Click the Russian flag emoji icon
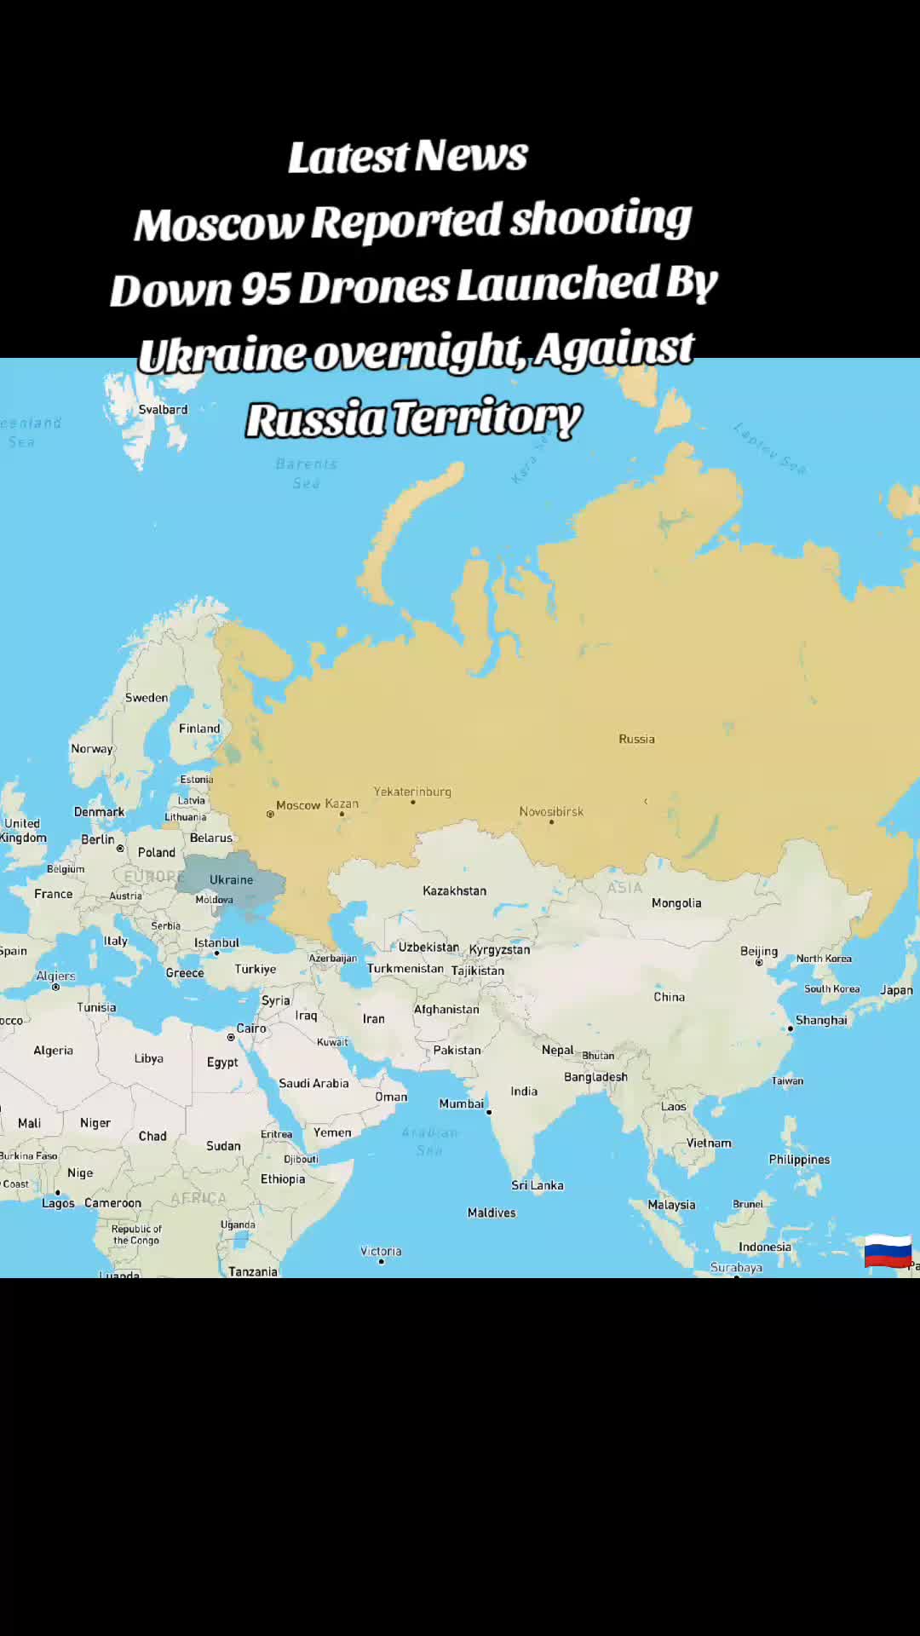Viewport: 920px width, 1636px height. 888,1250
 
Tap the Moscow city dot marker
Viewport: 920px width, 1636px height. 270,815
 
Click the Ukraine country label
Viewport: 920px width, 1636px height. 231,879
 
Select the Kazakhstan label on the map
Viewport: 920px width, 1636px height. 454,890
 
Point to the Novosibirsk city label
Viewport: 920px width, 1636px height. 551,811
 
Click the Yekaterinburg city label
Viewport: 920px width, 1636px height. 412,792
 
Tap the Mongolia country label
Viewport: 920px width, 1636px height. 676,903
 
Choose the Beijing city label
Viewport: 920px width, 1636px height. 758,951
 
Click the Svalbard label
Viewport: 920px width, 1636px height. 163,409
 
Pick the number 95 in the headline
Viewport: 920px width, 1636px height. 266,288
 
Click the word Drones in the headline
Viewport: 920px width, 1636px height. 375,287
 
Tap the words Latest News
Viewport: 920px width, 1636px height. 408,157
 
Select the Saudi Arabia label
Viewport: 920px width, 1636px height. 313,1083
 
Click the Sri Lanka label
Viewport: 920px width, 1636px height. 537,1185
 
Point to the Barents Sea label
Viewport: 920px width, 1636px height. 307,473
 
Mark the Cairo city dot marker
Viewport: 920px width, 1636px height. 231,1037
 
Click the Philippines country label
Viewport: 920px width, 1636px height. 798,1159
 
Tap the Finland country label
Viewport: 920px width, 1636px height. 199,729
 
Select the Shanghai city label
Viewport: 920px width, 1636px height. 821,1020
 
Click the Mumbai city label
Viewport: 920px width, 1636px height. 461,1103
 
